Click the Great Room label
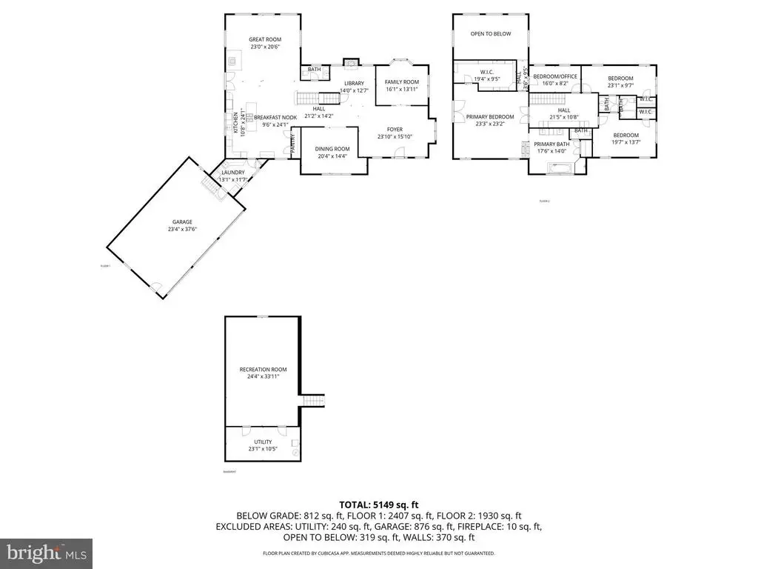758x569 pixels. [x=264, y=39]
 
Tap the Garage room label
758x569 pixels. [x=182, y=222]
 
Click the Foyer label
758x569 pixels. [x=395, y=129]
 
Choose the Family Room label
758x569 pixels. [x=402, y=81]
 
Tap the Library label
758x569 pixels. [x=354, y=83]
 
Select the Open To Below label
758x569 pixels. [x=491, y=33]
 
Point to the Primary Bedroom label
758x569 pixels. [x=489, y=117]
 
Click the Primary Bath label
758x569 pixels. [x=551, y=144]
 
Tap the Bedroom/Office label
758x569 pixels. [x=555, y=76]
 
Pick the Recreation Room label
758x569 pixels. [x=263, y=369]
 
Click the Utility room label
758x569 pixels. [x=263, y=442]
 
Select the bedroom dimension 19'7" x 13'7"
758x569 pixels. [x=625, y=142]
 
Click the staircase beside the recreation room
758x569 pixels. [x=314, y=401]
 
